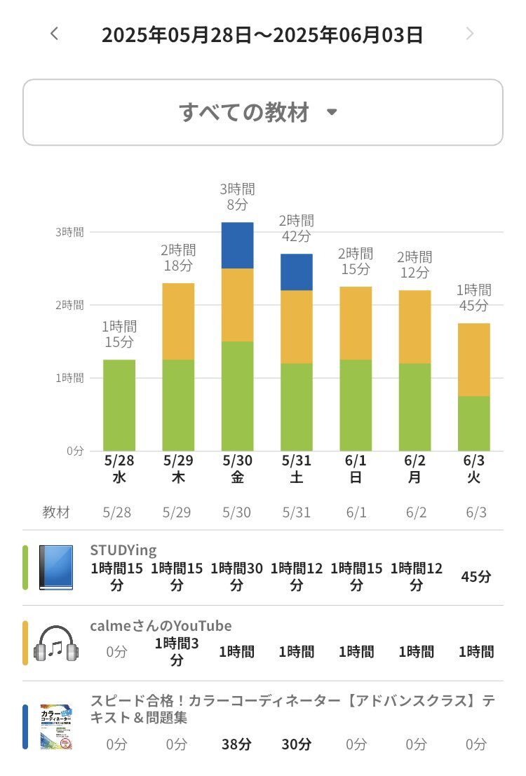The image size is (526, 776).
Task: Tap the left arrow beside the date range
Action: (x=55, y=34)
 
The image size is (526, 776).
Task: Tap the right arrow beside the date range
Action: (x=470, y=34)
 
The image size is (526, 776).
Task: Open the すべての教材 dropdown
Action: (x=262, y=112)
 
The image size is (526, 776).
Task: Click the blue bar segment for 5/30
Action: (x=237, y=245)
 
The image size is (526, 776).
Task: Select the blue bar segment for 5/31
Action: (x=297, y=272)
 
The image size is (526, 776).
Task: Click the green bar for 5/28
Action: (x=119, y=405)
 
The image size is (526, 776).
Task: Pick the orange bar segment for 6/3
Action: (x=474, y=360)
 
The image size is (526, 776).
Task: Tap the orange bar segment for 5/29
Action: (x=178, y=321)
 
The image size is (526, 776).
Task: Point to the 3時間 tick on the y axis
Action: (x=69, y=232)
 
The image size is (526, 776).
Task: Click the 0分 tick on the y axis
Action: (x=75, y=451)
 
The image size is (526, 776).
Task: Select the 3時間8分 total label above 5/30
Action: (x=237, y=197)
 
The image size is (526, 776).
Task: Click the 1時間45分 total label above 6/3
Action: (x=474, y=298)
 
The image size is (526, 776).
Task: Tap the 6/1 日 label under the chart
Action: (x=356, y=468)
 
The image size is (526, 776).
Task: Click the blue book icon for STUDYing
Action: (x=56, y=568)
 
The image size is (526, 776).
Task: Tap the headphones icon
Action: (x=56, y=644)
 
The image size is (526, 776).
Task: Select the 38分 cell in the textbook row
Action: (x=237, y=744)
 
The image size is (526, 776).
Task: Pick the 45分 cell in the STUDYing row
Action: (x=476, y=577)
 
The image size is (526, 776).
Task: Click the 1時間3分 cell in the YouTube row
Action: (x=177, y=651)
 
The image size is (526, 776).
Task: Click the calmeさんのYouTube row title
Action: (x=161, y=626)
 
